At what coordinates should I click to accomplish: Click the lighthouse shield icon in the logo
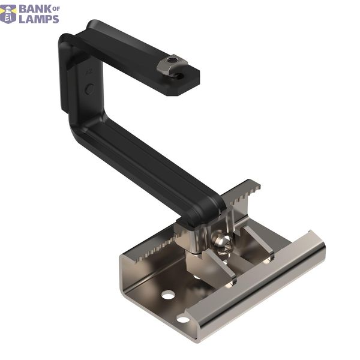(x=8, y=14)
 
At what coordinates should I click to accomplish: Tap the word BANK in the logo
(x=36, y=10)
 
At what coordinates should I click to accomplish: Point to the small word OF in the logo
(x=56, y=9)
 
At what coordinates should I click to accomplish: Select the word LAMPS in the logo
(x=39, y=19)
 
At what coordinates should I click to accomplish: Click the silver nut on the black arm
(x=172, y=65)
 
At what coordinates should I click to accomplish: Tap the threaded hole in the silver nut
(x=170, y=60)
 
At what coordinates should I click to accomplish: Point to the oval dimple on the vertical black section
(x=89, y=89)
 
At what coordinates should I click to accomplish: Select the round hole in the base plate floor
(x=168, y=295)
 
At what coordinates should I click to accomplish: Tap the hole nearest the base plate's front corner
(x=183, y=319)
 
